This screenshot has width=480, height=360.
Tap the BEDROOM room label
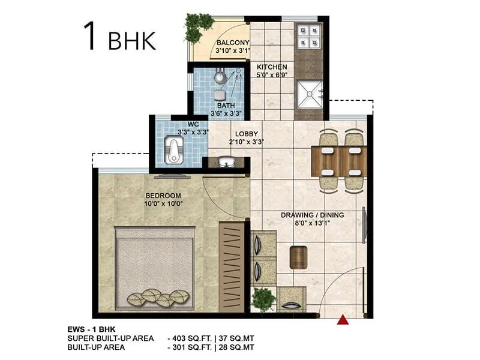coord(163,196)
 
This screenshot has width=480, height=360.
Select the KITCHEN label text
coord(272,67)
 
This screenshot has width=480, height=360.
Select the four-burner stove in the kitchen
coord(309,37)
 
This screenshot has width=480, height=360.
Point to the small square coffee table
coord(299,257)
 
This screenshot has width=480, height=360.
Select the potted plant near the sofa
coord(263,298)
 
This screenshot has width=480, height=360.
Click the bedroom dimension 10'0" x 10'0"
coord(163,203)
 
